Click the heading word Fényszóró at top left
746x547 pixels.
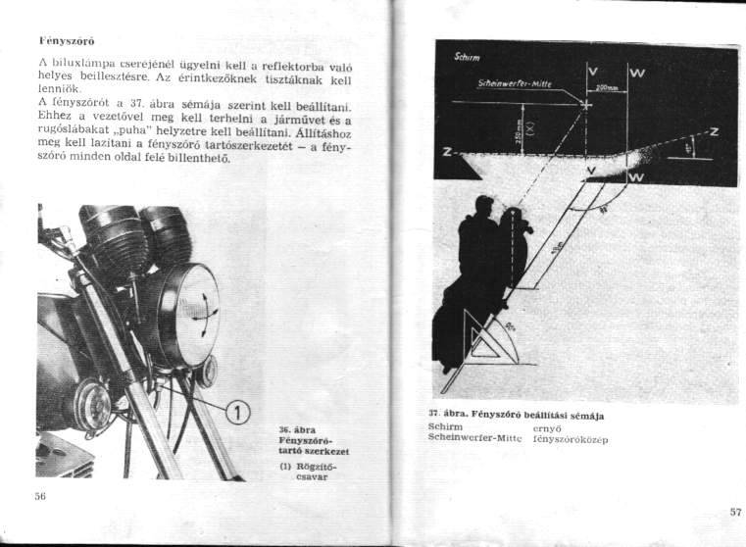coord(65,43)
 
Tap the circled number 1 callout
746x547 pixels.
coord(235,409)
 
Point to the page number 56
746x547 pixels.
coord(41,497)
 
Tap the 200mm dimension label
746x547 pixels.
coord(608,87)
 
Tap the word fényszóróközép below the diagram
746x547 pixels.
coord(571,438)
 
